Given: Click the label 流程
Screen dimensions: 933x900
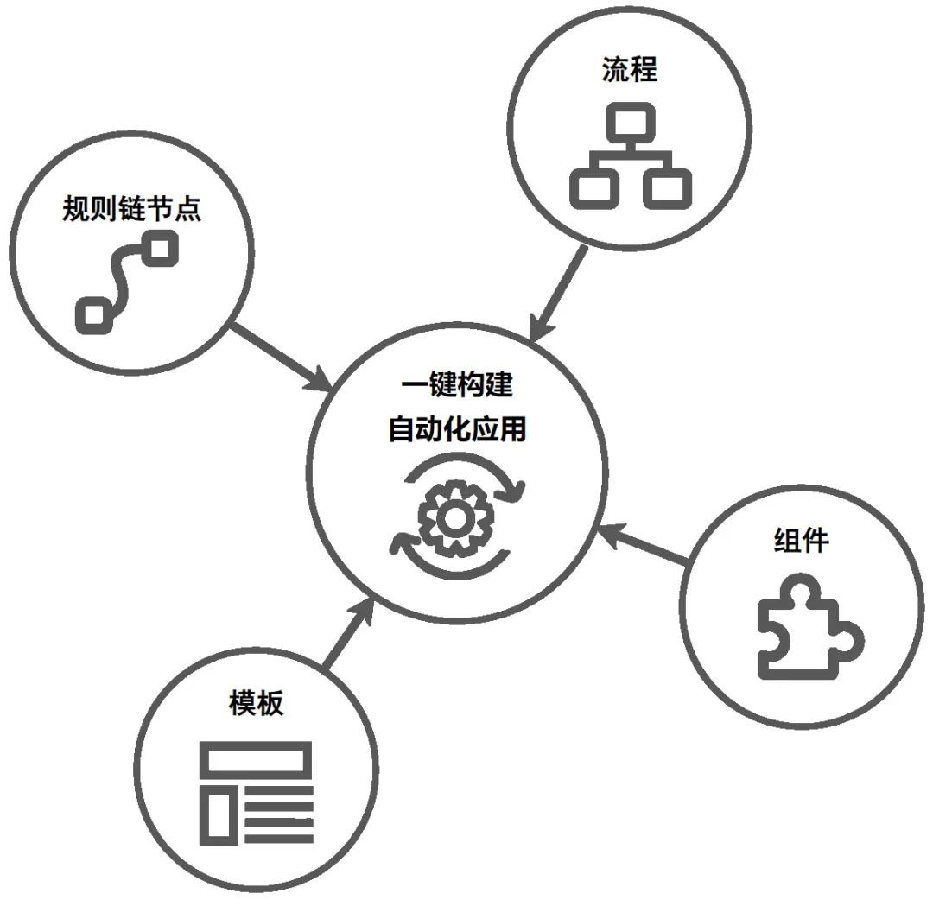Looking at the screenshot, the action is [x=629, y=70].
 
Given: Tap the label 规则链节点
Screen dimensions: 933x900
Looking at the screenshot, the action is [x=131, y=209].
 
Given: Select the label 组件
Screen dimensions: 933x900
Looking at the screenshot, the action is [x=802, y=541].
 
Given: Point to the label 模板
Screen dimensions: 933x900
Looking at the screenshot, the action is [x=257, y=703].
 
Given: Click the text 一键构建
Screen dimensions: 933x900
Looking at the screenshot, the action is [x=457, y=384].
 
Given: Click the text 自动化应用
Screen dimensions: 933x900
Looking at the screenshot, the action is [x=457, y=429].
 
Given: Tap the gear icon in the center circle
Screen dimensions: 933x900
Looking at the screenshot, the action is [x=456, y=518].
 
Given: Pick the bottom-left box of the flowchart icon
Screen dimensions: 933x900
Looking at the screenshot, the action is [x=593, y=188].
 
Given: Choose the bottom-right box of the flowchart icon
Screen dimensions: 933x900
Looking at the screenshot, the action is [x=667, y=188].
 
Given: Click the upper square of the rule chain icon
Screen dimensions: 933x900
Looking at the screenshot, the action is [x=160, y=248].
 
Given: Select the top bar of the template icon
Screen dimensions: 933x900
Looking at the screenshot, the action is [x=256, y=759].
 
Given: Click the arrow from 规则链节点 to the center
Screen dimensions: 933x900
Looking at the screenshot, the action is [x=280, y=358].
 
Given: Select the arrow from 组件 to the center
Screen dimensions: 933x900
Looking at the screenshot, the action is [x=642, y=542].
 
